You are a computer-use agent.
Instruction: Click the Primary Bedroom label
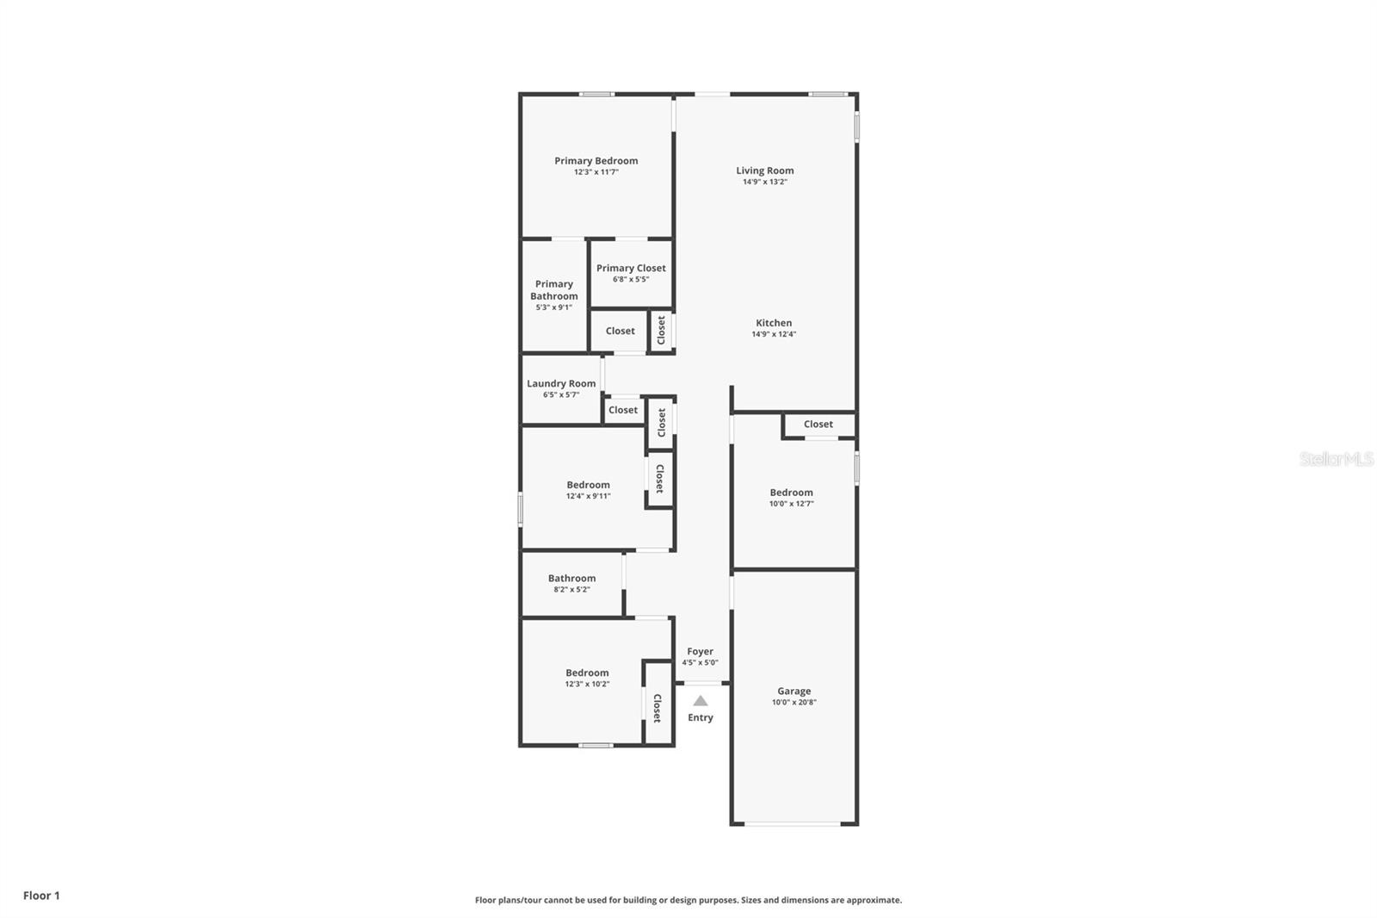point(596,161)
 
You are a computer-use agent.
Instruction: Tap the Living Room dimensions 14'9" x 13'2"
point(764,182)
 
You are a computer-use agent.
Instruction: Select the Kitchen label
point(773,323)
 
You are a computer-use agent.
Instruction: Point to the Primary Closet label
point(631,268)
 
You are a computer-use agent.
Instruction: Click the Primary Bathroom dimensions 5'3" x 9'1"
point(553,307)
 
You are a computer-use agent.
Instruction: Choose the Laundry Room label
point(561,383)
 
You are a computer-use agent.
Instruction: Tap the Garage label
point(793,691)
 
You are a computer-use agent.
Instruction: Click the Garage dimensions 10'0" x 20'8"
point(793,702)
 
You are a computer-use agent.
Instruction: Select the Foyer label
point(700,652)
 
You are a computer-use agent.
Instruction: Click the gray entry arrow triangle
point(701,701)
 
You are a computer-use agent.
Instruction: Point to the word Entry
point(701,717)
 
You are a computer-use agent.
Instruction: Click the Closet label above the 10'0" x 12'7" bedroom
point(818,424)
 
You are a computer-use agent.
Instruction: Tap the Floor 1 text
point(41,896)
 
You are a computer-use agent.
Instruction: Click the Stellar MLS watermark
point(1336,459)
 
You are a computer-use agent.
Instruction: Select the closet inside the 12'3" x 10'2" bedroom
point(658,708)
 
